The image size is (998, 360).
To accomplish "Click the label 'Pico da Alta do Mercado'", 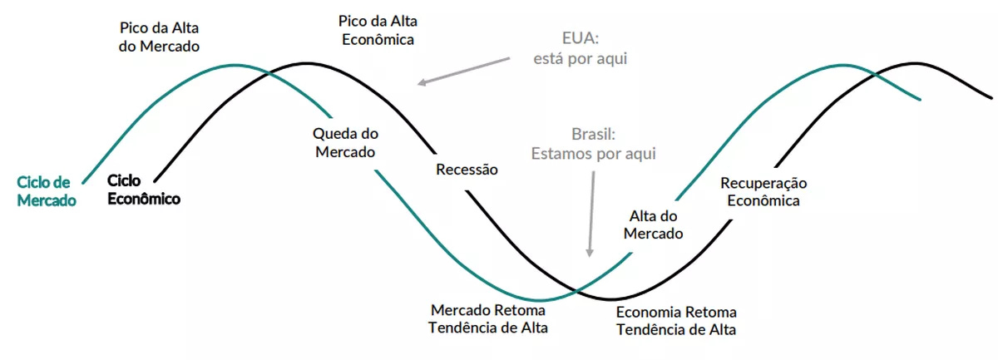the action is pos(159,37).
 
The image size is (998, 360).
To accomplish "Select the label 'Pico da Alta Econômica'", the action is pos(377,28).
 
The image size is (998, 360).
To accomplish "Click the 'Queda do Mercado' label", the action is pos(343,142).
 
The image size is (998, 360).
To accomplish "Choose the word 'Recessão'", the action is pos(467,170).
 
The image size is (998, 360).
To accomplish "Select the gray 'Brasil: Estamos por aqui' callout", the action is pos(594,143).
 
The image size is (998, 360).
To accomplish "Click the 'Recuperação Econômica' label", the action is pos(763,191).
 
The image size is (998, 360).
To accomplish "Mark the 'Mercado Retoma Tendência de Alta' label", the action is pos(488,318).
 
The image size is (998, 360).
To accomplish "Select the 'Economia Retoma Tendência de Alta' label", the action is pos(676,321).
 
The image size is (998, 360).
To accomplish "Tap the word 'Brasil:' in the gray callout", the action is pos(592,134).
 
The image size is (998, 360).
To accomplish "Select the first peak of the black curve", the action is pos(298,63).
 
